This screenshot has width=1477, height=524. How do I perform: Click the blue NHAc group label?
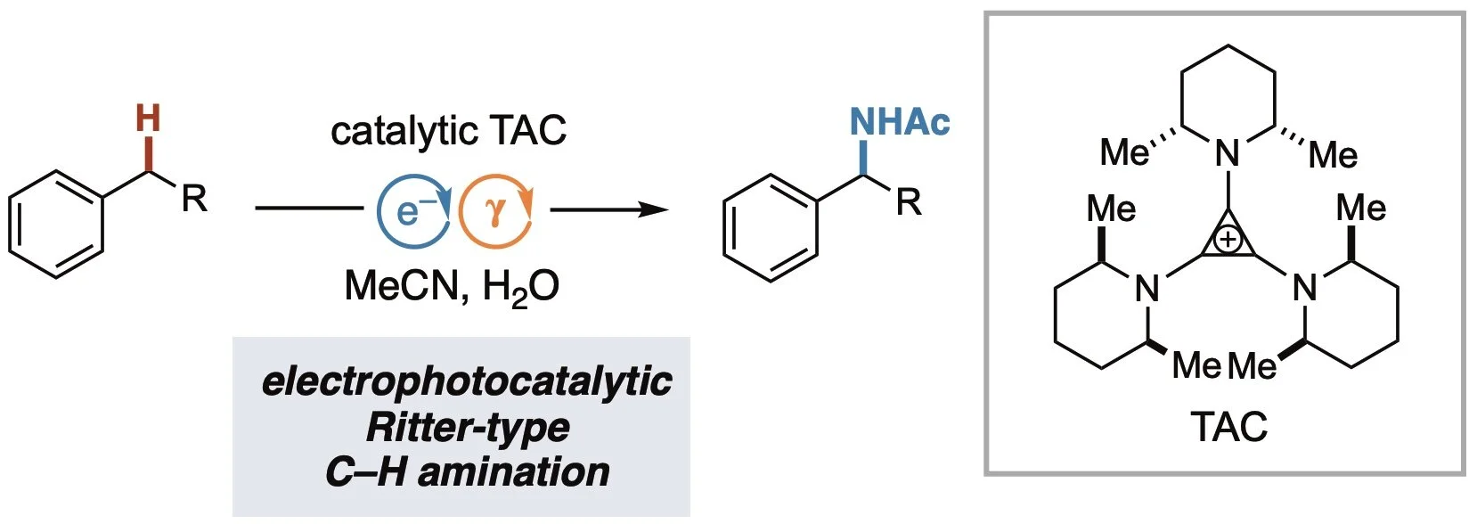pos(899,122)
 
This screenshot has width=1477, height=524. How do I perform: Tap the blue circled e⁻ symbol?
pos(413,210)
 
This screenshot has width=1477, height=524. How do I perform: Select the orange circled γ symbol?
pos(496,210)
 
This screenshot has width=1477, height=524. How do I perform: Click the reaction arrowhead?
pos(655,210)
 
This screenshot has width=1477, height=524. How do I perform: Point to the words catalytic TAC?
pos(448,132)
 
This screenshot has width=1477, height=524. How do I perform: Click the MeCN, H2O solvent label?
pos(452,287)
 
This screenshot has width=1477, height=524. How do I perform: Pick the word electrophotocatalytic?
pos(466,381)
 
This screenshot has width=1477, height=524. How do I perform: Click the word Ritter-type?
pos(467,427)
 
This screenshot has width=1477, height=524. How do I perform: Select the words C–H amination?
pos(467,471)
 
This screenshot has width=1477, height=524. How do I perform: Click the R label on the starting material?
pos(194,199)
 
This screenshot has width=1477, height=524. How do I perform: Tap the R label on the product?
pos(909,203)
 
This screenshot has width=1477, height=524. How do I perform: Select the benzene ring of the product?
pos(771,228)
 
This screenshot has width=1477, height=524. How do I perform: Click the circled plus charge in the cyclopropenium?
pos(1228,240)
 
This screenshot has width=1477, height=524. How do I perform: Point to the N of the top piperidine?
pos(1228,154)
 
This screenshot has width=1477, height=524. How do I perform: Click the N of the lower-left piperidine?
pos(1147,288)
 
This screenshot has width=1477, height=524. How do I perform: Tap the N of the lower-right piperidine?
pos(1304,288)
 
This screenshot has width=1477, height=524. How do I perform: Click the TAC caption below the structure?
pos(1228,428)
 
